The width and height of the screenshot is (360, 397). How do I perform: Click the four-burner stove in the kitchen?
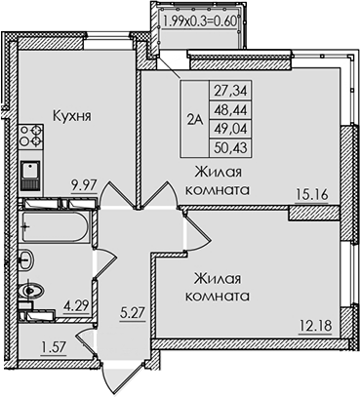pyautogui.click(x=28, y=135)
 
